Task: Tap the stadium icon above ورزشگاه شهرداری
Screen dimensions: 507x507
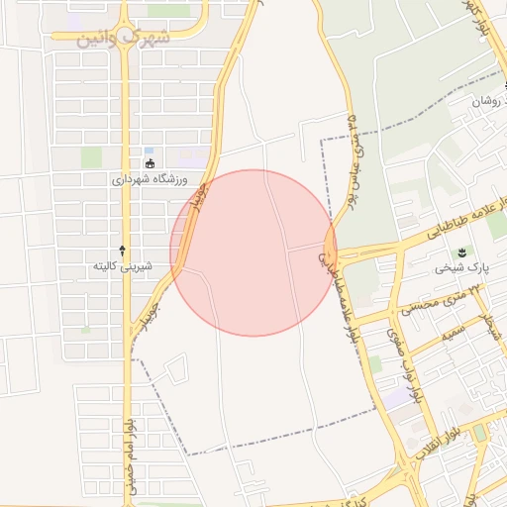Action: (x=150, y=163)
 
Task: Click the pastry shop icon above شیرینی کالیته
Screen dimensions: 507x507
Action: (x=122, y=250)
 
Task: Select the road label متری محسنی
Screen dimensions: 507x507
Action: (x=432, y=305)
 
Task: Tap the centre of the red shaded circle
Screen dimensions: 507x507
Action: (x=253, y=253)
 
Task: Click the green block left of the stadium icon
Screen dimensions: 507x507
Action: (x=91, y=156)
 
